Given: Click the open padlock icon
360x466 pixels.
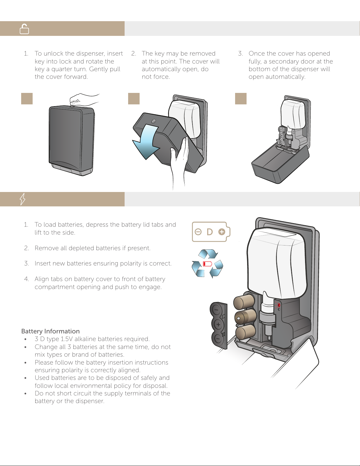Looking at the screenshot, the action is (x=24, y=29).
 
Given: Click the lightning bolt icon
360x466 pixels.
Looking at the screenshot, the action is (x=23, y=199).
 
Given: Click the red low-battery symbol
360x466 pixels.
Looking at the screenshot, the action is (x=207, y=263).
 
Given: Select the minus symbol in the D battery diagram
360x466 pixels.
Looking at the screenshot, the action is (x=198, y=232).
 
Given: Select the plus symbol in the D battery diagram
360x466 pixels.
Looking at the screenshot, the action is (x=222, y=232).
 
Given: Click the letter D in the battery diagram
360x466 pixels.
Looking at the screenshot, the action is (x=210, y=232).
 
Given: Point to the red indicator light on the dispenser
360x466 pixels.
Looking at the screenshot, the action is (x=279, y=305).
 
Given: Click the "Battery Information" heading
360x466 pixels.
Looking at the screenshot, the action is (x=51, y=331).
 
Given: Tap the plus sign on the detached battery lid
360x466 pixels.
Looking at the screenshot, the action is (x=218, y=325).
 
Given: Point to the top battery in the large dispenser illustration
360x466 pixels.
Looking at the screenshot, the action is (x=244, y=302).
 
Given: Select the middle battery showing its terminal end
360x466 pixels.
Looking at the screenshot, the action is (x=246, y=317).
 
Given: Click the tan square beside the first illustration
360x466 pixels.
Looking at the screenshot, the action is (x=27, y=99).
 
